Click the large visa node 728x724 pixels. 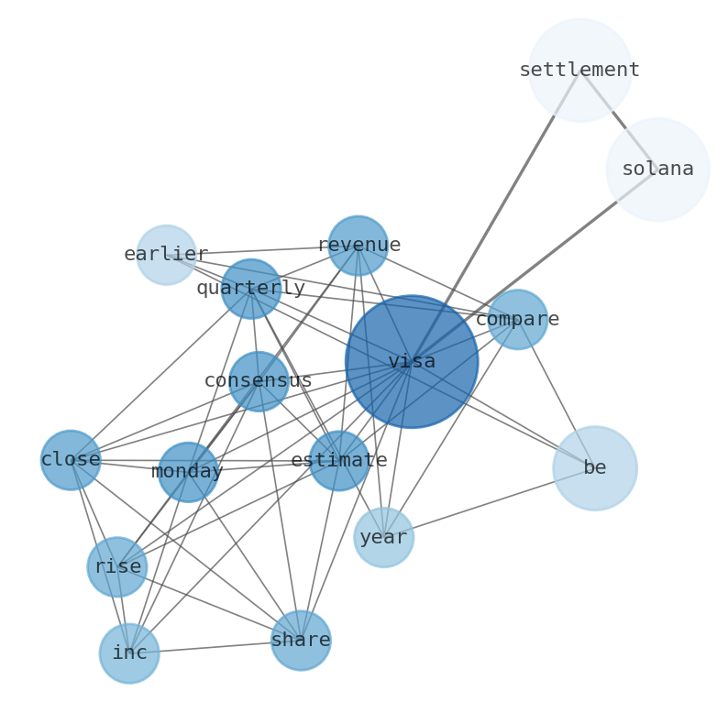412,361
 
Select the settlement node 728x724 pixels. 579,70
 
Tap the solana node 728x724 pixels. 657,170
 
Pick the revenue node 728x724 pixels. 358,246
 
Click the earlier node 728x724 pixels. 166,255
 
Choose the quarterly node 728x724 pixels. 251,289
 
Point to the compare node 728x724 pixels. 517,320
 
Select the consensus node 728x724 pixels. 259,381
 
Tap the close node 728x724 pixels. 71,460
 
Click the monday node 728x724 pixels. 188,472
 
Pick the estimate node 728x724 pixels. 339,461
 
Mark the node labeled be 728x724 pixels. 595,468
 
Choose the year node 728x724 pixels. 383,538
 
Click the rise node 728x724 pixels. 117,567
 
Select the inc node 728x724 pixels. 129,653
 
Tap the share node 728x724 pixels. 301,641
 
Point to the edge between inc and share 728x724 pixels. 215,647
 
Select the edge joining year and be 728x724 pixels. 490,503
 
